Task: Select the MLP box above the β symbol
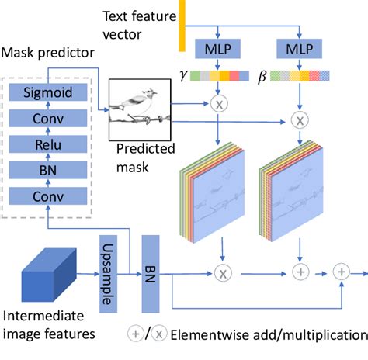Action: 300,50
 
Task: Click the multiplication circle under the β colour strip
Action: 300,119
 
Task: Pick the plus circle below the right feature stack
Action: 300,272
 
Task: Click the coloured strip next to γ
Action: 224,77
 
